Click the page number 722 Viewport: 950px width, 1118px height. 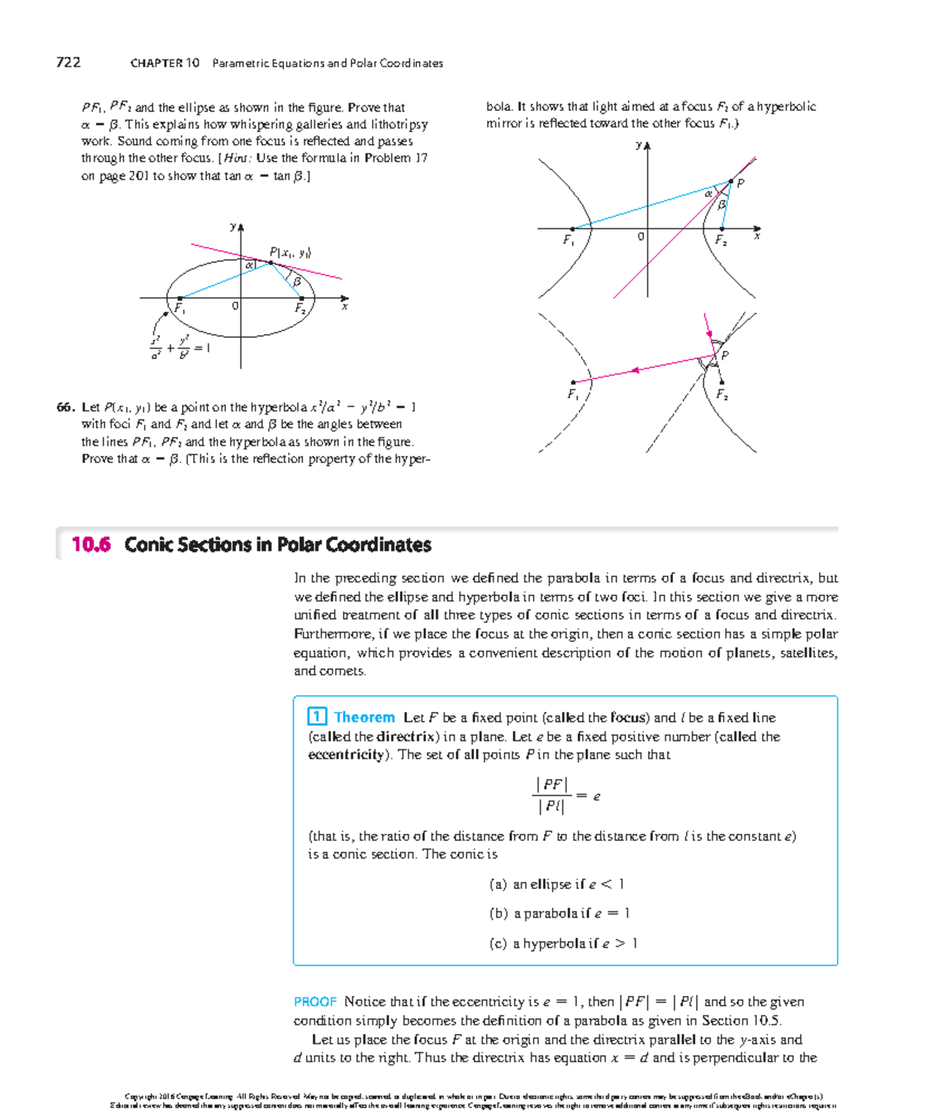68,63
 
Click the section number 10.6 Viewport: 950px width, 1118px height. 90,545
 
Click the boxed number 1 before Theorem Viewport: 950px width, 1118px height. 317,717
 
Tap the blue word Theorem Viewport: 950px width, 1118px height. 364,717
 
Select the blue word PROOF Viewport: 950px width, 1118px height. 315,1002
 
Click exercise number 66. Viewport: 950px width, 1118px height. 66,407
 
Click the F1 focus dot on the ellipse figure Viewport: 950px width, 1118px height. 180,299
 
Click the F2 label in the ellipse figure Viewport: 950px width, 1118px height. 300,309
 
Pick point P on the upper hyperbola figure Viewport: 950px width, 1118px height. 731,181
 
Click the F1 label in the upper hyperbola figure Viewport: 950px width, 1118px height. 568,240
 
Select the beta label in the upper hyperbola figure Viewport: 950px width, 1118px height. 721,203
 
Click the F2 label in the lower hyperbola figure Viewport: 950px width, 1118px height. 721,394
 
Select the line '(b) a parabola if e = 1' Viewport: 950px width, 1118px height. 559,914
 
